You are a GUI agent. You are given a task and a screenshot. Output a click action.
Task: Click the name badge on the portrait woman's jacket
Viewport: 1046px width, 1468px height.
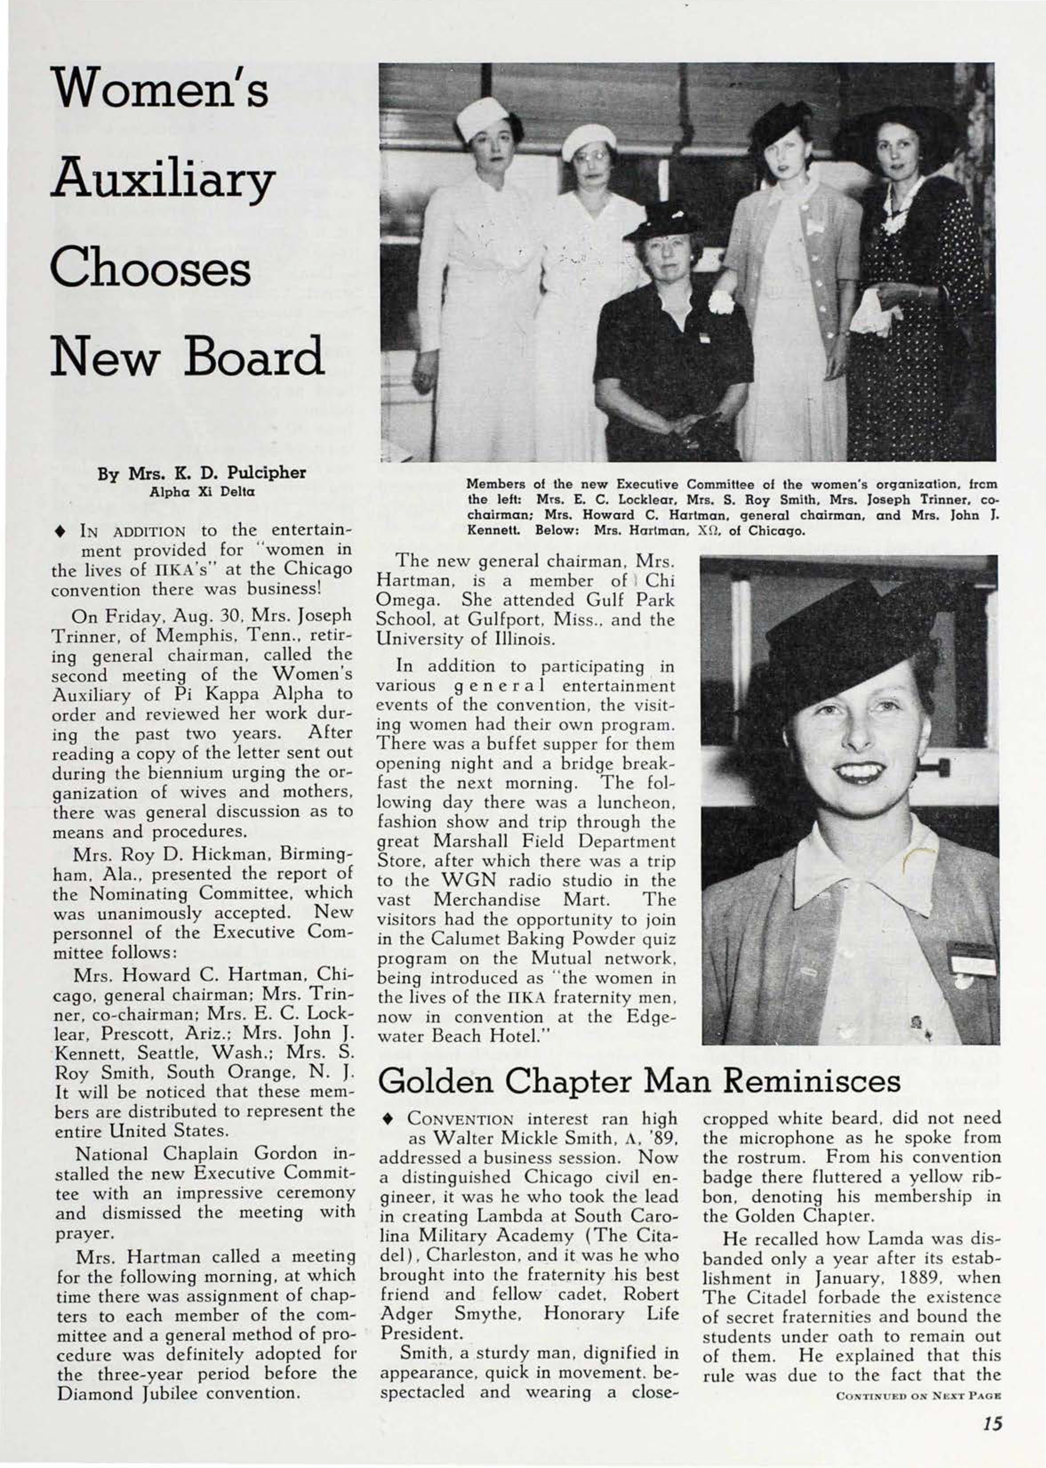coord(970,960)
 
